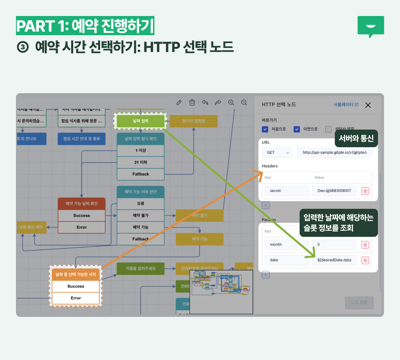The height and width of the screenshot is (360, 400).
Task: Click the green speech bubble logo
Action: pos(370,26)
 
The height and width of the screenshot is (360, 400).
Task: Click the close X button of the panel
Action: pos(368,105)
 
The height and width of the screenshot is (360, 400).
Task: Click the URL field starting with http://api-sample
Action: pos(334,152)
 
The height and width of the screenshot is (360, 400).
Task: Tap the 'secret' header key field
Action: pos(286,191)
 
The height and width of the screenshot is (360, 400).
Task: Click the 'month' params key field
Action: pos(286,244)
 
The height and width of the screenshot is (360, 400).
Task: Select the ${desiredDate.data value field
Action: pos(334,260)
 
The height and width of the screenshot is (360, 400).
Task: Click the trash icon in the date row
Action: pos(365,260)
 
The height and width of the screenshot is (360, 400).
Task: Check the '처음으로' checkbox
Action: pos(265,129)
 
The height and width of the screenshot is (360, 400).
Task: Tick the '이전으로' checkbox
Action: pos(297,129)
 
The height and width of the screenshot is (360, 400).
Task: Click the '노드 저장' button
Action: pos(359,303)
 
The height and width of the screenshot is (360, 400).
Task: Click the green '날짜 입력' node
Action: pos(140,121)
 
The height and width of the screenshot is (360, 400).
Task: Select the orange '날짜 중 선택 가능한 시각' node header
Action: pos(76,274)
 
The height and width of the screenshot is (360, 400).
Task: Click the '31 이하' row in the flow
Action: pos(140,162)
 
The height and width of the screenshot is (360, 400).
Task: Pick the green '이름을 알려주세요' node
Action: pos(140,268)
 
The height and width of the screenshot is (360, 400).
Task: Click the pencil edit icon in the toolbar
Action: pos(179,102)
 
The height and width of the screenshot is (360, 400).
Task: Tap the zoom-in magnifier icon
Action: pos(231,102)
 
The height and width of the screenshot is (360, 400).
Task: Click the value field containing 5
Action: pos(334,244)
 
